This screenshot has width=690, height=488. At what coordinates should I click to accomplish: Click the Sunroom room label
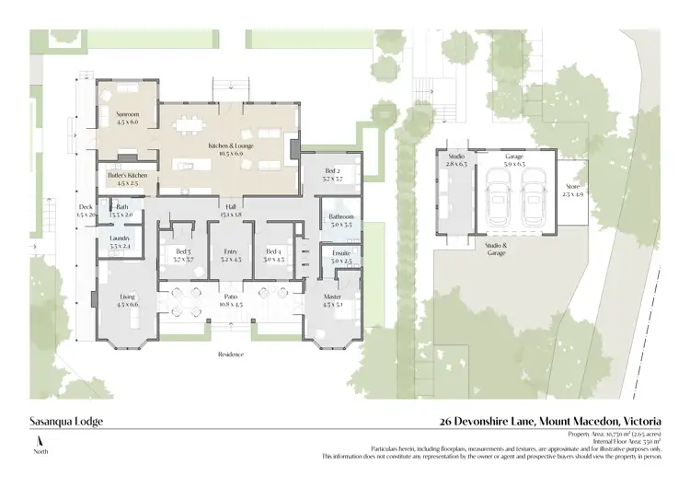(127, 117)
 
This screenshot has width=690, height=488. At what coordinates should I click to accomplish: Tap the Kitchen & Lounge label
(230, 149)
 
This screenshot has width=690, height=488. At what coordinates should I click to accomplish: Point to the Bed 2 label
(333, 174)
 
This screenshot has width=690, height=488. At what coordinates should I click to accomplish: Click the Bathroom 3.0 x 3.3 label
(335, 220)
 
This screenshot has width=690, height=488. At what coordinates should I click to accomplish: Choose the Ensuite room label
(335, 257)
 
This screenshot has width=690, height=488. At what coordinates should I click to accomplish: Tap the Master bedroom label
(332, 298)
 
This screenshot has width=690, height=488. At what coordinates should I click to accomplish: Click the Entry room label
(230, 254)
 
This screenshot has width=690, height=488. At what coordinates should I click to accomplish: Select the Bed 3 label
(183, 254)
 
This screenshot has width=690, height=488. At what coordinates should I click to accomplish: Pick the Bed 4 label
(273, 254)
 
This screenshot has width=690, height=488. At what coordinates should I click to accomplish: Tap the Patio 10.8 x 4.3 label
(230, 299)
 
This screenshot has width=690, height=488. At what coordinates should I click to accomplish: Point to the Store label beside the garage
(572, 191)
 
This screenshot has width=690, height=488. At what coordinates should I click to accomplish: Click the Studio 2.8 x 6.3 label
(455, 160)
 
